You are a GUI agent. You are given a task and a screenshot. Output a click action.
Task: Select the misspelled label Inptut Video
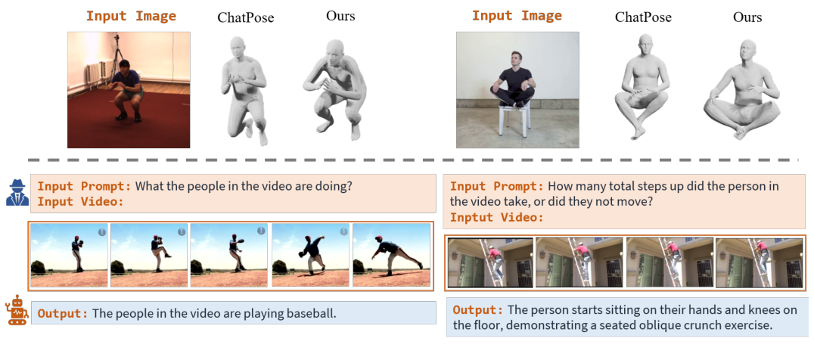pos(496,218)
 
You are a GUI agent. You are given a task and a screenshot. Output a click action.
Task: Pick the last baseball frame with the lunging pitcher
pos(390,255)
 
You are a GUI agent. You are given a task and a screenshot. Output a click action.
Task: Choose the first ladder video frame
pos(490,262)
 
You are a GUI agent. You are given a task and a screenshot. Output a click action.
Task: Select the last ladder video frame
pos(759,262)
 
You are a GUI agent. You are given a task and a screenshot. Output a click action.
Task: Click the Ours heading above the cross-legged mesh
pos(747,17)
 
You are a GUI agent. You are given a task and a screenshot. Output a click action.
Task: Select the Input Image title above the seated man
pos(517,16)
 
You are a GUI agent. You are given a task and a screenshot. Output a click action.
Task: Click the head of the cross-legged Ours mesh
pos(747,52)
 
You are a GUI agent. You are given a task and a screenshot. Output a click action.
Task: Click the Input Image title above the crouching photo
pos(131,16)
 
